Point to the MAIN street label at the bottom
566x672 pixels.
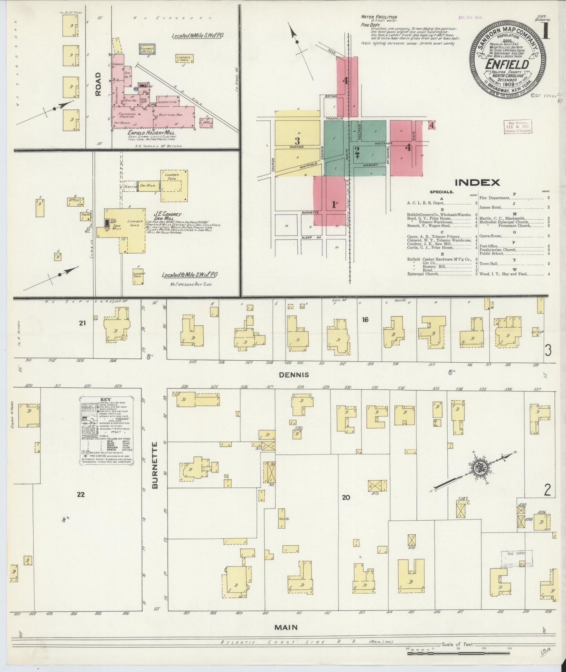pyautogui.click(x=286, y=627)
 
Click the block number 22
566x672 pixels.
pyautogui.click(x=81, y=494)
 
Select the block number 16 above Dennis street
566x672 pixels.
pyautogui.click(x=365, y=320)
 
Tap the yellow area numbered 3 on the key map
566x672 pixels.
pyautogui.click(x=297, y=141)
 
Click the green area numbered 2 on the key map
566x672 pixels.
pyautogui.click(x=357, y=150)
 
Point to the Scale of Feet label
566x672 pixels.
pyautogui.click(x=458, y=644)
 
